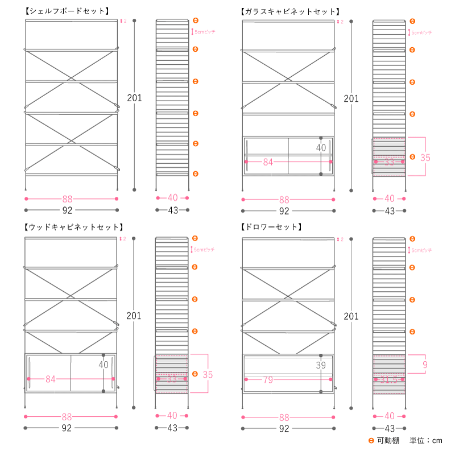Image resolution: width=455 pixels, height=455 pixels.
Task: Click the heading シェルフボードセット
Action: [67, 11]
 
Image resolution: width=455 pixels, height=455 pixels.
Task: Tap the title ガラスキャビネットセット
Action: [290, 11]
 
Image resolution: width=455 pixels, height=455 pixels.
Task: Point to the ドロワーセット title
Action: [271, 227]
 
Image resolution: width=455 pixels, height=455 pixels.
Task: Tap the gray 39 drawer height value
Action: [321, 366]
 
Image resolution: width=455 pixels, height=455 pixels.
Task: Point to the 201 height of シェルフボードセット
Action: [134, 98]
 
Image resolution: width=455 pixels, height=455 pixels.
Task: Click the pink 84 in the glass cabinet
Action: [268, 162]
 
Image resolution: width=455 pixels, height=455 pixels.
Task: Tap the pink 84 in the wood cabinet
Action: [51, 379]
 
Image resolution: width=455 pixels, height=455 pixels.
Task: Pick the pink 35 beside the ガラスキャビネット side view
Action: [425, 157]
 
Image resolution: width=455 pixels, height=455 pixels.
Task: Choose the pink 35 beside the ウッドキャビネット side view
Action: [208, 374]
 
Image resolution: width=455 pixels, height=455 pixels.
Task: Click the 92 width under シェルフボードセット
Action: [67, 210]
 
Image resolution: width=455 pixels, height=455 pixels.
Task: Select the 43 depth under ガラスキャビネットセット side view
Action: [390, 210]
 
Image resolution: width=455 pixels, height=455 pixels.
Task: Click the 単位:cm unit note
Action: [426, 441]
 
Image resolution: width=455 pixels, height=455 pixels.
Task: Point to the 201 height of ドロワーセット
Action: [351, 316]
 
